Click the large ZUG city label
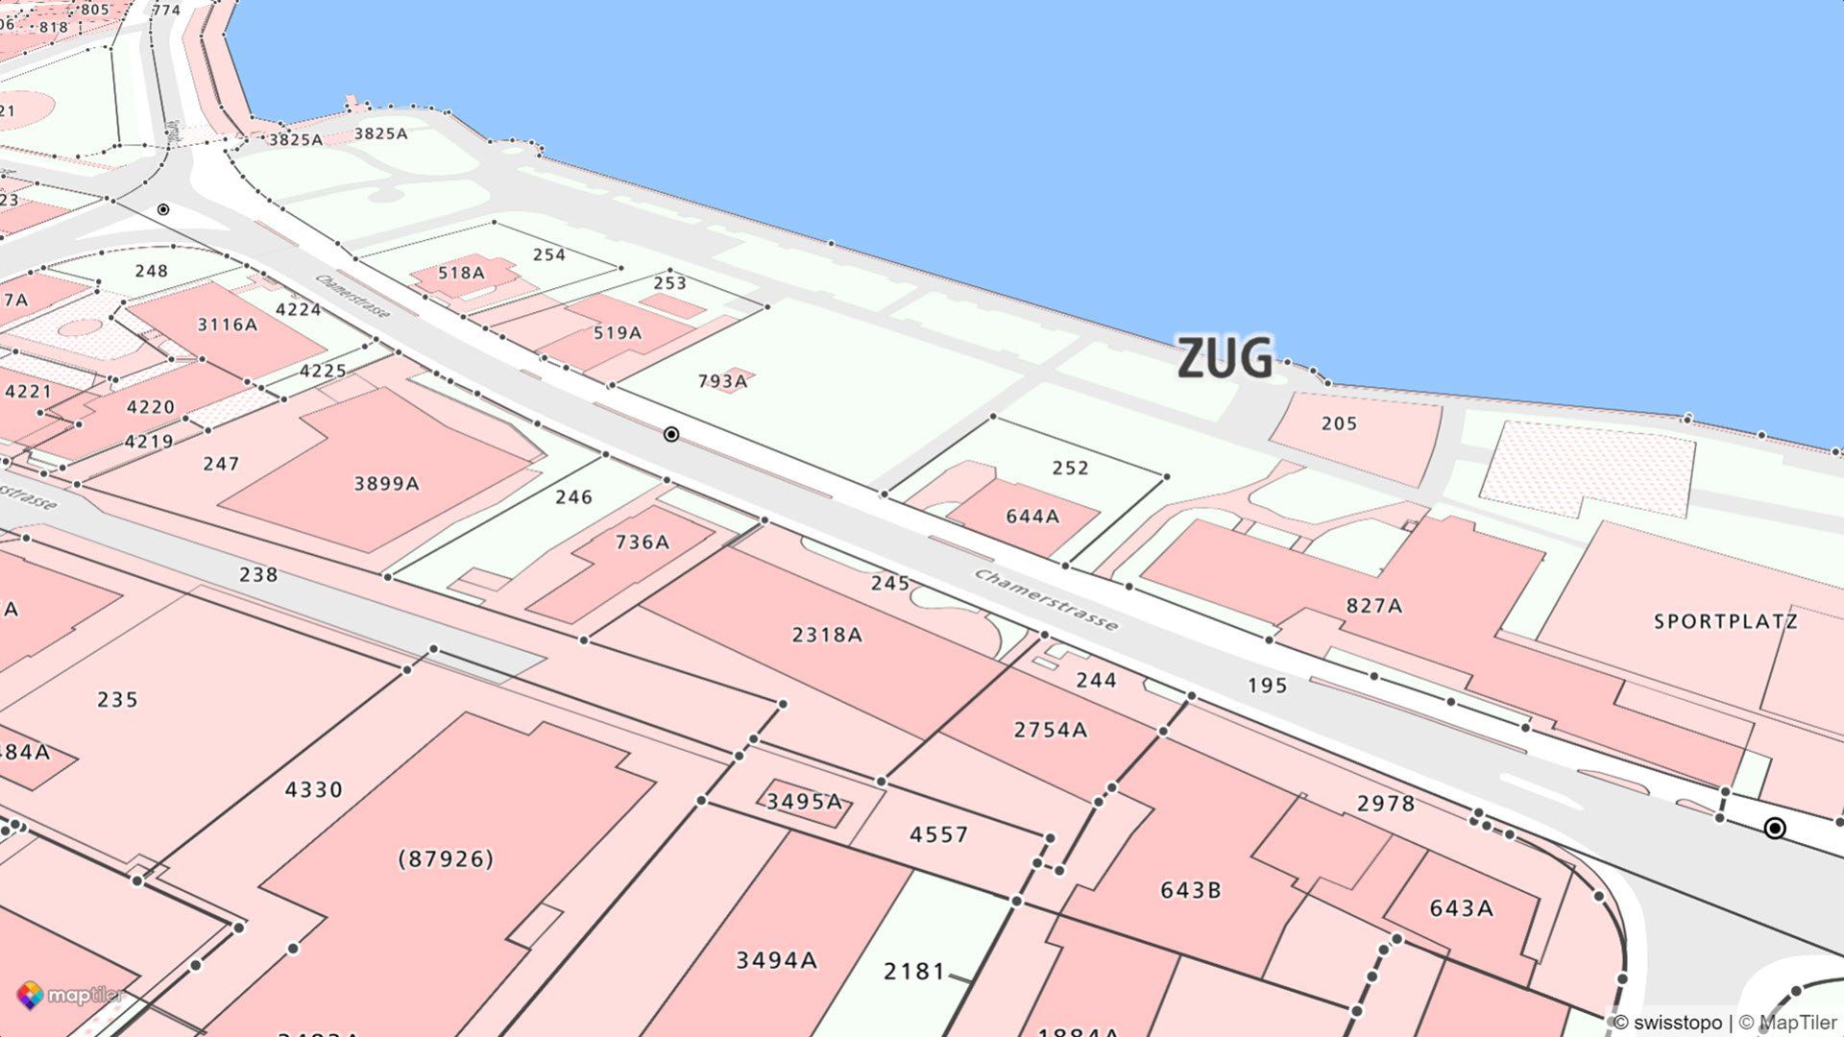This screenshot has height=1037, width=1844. click(x=1225, y=358)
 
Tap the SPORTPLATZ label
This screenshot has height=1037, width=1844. click(x=1725, y=621)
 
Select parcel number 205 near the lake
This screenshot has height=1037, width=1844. click(x=1339, y=423)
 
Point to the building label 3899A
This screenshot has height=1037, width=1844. click(x=386, y=483)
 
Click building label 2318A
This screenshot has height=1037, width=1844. click(x=827, y=635)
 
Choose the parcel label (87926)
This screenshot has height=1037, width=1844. click(x=446, y=857)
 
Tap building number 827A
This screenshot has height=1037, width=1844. click(x=1373, y=605)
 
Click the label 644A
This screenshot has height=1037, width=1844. click(x=1032, y=517)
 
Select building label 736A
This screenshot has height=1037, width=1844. click(x=642, y=543)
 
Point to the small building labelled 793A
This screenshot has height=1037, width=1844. click(x=722, y=381)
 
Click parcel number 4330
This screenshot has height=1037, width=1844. click(x=313, y=789)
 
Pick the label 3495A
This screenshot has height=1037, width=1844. click(x=804, y=801)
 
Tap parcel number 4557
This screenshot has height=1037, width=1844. click(x=938, y=834)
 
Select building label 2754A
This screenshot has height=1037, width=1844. click(x=1050, y=730)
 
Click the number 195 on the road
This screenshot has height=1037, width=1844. click(x=1267, y=685)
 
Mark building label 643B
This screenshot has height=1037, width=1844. click(x=1190, y=890)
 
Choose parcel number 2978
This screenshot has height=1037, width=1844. click(x=1385, y=803)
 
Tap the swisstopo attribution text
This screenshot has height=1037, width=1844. click(x=1668, y=1023)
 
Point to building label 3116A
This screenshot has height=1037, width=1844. click(x=227, y=325)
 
